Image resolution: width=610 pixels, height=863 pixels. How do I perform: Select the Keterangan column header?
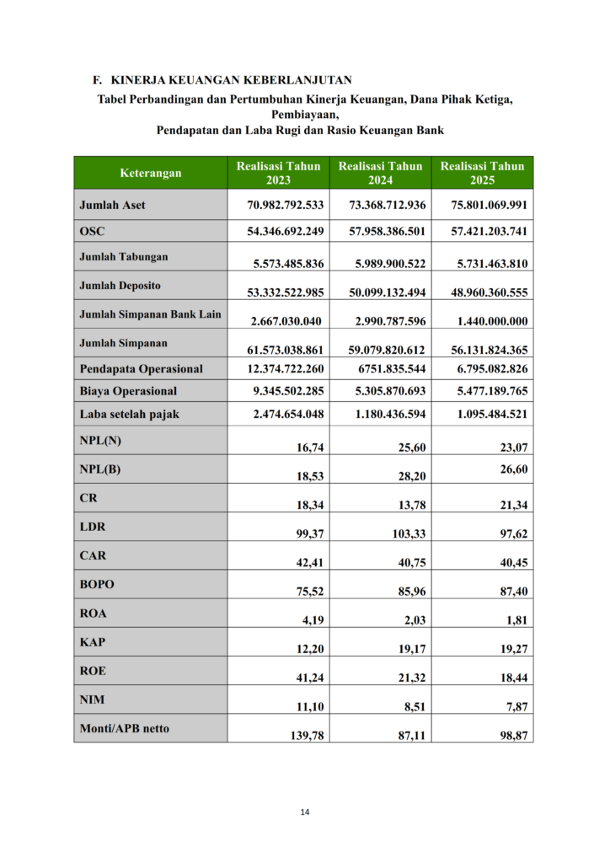(x=151, y=173)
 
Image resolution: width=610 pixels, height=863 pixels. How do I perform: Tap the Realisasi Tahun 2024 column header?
(x=381, y=173)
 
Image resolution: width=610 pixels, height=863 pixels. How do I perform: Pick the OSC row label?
(x=93, y=231)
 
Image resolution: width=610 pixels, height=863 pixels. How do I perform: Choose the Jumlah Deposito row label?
(x=120, y=286)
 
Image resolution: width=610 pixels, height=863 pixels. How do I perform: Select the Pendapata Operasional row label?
(x=141, y=368)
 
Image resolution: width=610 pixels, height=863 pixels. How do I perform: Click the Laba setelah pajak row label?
(x=129, y=414)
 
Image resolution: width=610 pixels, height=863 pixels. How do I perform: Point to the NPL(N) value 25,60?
(x=411, y=448)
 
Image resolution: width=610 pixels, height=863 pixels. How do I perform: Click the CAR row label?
(x=92, y=555)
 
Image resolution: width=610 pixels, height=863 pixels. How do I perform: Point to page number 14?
(x=305, y=812)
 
